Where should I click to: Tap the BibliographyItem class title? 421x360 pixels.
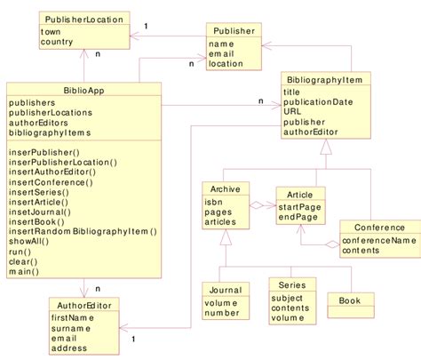322,80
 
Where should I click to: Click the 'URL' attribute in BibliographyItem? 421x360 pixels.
293,112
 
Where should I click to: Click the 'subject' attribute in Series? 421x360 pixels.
290,299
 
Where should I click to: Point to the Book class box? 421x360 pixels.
350,300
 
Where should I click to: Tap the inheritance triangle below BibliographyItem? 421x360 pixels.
325,152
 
